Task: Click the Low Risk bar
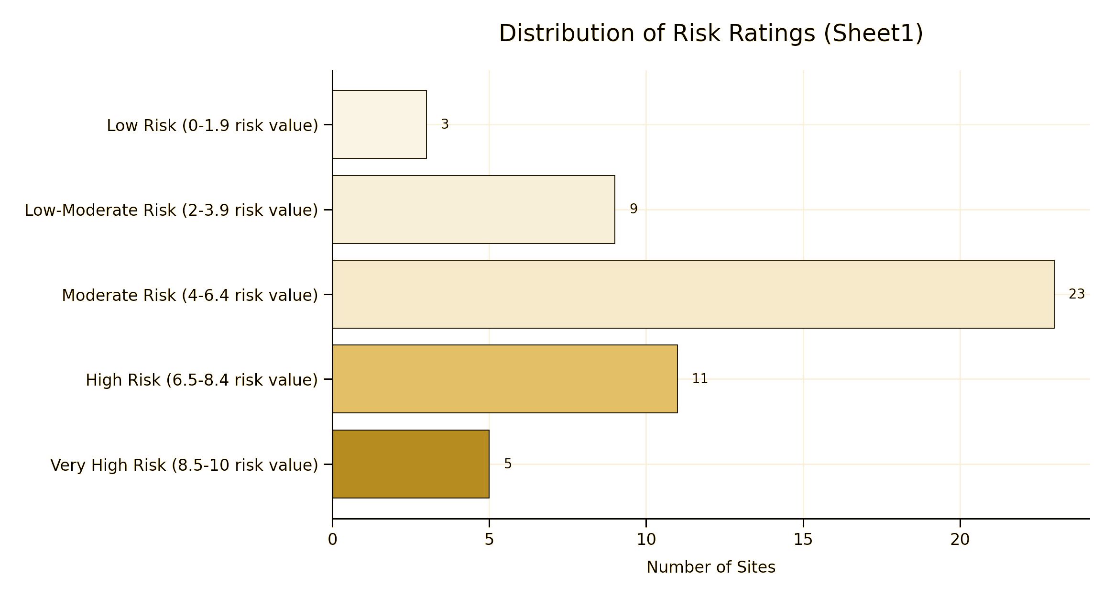coord(379,124)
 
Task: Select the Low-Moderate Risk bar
coord(473,210)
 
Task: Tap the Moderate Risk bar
coord(693,294)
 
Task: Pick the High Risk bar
coord(505,379)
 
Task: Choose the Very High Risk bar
coord(411,464)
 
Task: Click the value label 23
coord(1076,294)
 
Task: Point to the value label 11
coord(699,379)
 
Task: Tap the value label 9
coord(633,209)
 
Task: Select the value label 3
coord(445,124)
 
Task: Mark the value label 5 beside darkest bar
coord(508,464)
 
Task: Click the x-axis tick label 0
coord(332,540)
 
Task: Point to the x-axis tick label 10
coord(646,540)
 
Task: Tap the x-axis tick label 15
coord(803,540)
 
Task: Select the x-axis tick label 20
coord(960,540)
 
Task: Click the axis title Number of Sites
coord(710,567)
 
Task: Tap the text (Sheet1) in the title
coord(873,33)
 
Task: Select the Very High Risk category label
coord(184,465)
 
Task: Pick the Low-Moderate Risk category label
coord(171,210)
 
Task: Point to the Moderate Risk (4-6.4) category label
coord(190,295)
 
